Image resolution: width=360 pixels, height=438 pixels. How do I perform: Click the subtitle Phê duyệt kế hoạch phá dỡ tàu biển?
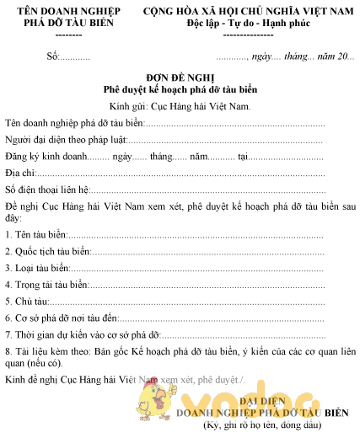[180, 88]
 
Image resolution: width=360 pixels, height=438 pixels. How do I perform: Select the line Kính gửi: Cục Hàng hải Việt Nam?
[180, 107]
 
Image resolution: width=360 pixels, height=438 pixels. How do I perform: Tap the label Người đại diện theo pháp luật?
[65, 140]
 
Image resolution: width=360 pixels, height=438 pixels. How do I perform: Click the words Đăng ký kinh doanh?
[46, 157]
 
